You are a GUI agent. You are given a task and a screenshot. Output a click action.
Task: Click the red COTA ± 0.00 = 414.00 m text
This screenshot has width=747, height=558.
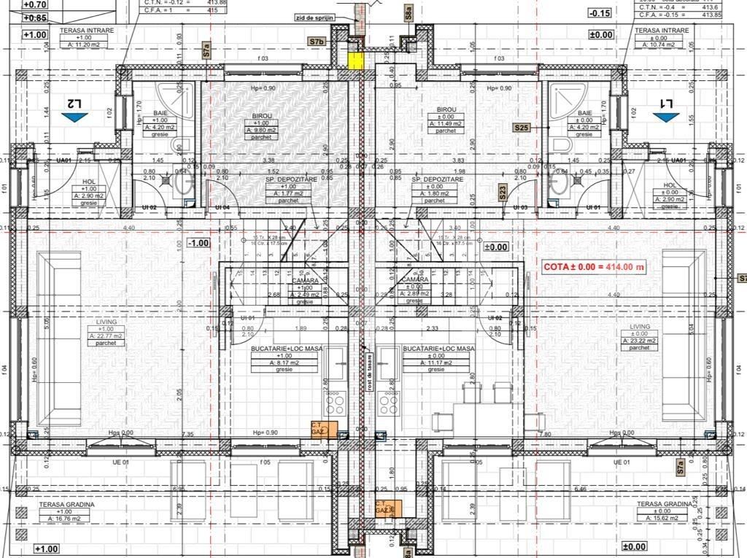pyautogui.click(x=595, y=268)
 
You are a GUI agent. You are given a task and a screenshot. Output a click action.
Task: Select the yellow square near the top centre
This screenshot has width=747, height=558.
pyautogui.click(x=355, y=61)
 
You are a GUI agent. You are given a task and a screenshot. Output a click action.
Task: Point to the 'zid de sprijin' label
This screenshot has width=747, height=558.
pyautogui.click(x=314, y=17)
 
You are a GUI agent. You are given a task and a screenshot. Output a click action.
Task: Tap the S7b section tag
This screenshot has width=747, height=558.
pyautogui.click(x=317, y=42)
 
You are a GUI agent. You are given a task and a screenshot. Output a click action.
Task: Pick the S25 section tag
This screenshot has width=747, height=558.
pyautogui.click(x=522, y=128)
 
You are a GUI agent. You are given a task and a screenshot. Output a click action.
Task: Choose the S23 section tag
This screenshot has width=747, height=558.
pyautogui.click(x=503, y=193)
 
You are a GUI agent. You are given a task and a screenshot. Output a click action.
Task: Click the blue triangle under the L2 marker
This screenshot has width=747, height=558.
pyautogui.click(x=74, y=117)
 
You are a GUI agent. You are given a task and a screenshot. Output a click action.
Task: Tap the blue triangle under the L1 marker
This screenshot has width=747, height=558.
pyautogui.click(x=666, y=117)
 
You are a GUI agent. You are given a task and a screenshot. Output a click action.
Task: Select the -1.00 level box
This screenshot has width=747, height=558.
pyautogui.click(x=198, y=243)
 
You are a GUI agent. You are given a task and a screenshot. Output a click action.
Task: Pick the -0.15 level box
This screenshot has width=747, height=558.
pyautogui.click(x=600, y=13)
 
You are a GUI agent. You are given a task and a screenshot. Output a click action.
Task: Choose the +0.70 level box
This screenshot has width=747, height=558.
pyautogui.click(x=35, y=4)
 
